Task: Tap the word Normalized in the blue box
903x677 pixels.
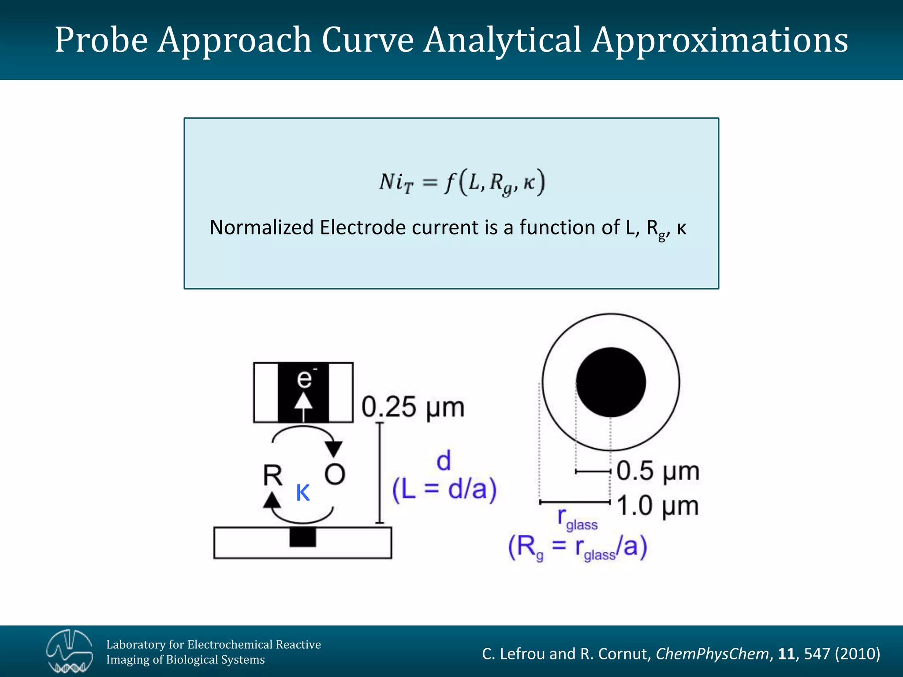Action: pyautogui.click(x=261, y=228)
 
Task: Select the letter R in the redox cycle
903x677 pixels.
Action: pyautogui.click(x=272, y=476)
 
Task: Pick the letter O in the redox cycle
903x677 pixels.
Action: pyautogui.click(x=335, y=475)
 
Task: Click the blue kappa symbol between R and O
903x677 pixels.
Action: pyautogui.click(x=303, y=492)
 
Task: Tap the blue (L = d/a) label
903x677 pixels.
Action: pyautogui.click(x=444, y=489)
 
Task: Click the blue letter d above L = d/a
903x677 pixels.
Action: pyautogui.click(x=444, y=461)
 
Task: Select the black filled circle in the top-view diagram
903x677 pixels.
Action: pyautogui.click(x=611, y=382)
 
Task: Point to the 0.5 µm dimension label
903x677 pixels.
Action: pyautogui.click(x=657, y=471)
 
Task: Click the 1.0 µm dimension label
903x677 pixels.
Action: pyautogui.click(x=657, y=505)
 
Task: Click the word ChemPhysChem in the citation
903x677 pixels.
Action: pyautogui.click(x=712, y=654)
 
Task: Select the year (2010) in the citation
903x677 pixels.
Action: pyautogui.click(x=857, y=654)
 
